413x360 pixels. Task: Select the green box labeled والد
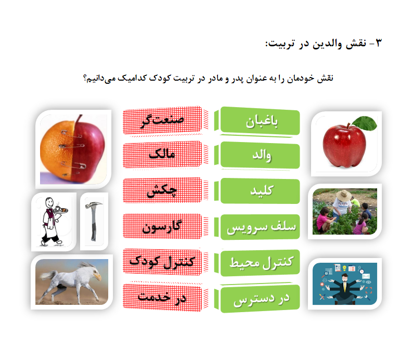(260, 156)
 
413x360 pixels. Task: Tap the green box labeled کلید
(260, 191)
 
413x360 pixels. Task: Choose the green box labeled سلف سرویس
(260, 227)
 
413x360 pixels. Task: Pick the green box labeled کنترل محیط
(260, 263)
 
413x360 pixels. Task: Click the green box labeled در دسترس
(260, 299)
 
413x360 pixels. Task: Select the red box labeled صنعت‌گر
(162, 121)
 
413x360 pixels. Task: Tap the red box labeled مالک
(162, 155)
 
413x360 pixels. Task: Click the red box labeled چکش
(162, 190)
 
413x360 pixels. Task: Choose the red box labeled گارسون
(162, 226)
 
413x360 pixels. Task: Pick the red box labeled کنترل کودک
(162, 262)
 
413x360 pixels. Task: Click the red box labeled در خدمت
(162, 298)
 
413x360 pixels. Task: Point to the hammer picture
(94, 220)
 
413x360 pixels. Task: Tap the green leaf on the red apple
(365, 123)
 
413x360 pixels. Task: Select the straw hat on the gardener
(344, 196)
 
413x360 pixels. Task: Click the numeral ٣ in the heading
(379, 43)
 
